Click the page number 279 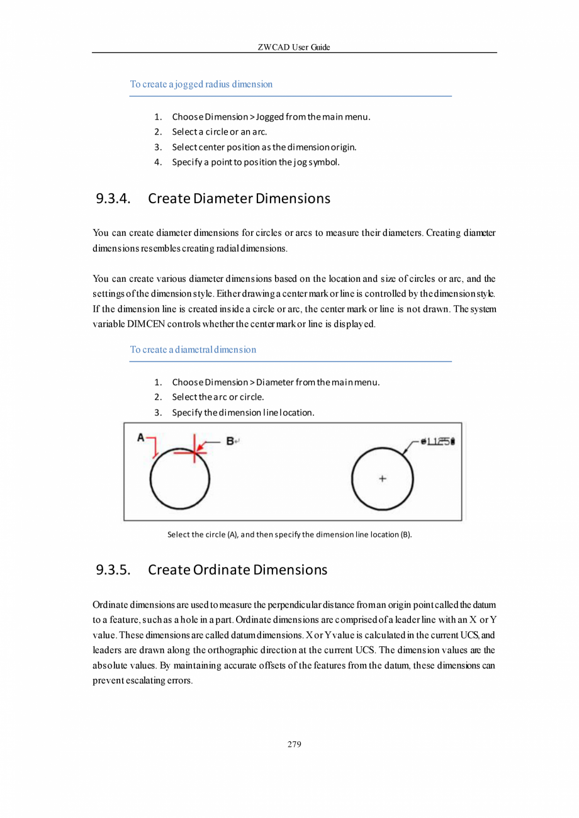tap(294, 744)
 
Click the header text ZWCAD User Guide tap(294, 47)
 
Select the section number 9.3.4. tap(113, 199)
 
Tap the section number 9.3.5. tap(113, 570)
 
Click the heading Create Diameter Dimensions tap(239, 199)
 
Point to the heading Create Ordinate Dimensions tap(237, 570)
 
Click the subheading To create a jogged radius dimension tap(201, 84)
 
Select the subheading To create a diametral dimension tap(193, 349)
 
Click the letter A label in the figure tap(141, 437)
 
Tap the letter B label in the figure tap(230, 441)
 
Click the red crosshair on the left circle tap(194, 451)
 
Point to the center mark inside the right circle tap(382, 479)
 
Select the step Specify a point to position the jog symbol tap(256, 162)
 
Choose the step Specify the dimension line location tap(243, 413)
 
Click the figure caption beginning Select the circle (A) tap(289, 534)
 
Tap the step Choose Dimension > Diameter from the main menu tap(276, 382)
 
